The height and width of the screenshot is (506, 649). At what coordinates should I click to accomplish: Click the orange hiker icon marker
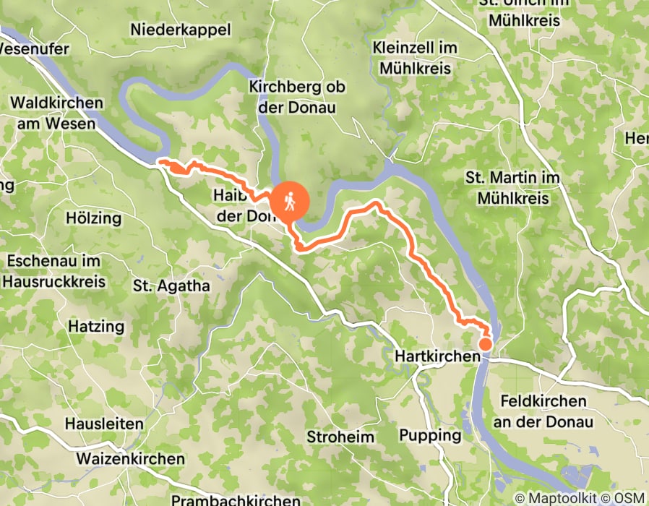coord(290,201)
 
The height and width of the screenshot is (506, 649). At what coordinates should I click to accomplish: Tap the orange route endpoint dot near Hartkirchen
coord(486,345)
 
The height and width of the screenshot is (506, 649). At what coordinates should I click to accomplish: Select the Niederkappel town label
coord(181,30)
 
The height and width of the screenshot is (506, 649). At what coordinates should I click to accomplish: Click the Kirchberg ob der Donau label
coord(296,97)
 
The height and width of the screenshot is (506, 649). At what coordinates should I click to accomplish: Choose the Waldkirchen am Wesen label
coord(57,113)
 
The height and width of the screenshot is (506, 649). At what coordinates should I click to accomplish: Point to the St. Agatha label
coord(171,286)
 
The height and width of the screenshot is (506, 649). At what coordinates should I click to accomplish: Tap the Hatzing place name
coord(96,327)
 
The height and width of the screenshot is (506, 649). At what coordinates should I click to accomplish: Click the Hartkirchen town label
coord(437,357)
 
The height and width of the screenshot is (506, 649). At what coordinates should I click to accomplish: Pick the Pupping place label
coord(430,435)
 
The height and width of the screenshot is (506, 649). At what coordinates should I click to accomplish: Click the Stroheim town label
coord(340,437)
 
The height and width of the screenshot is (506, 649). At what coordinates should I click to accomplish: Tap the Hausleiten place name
coord(104,424)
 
